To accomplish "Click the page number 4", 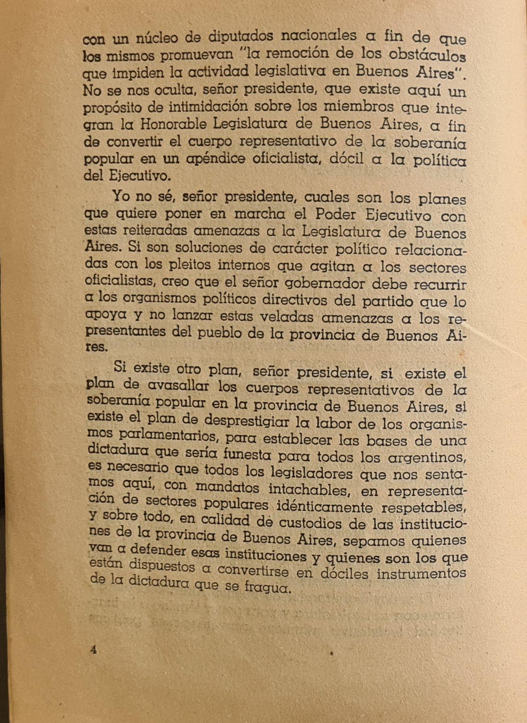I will click(x=94, y=649).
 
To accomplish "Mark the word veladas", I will click(x=286, y=317).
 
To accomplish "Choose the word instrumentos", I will click(x=421, y=573).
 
